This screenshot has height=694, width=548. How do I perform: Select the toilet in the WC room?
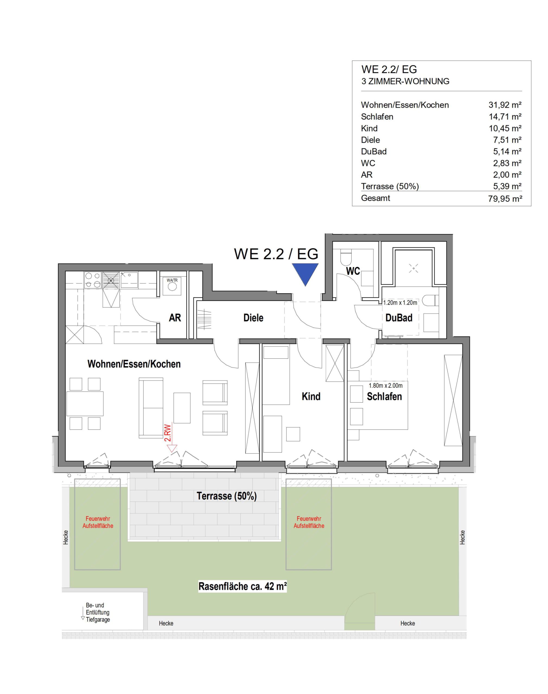pyautogui.click(x=346, y=256)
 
